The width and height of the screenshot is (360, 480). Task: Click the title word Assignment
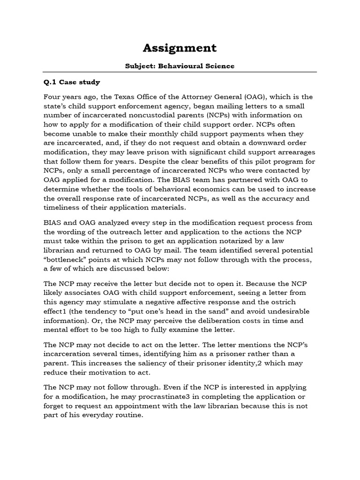coord(180,48)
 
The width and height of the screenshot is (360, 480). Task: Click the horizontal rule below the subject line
coord(180,72)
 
